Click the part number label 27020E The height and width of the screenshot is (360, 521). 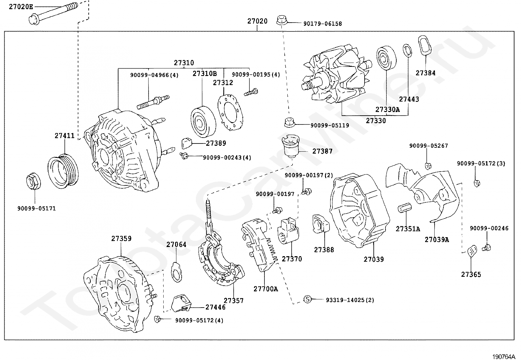pyautogui.click(x=21, y=7)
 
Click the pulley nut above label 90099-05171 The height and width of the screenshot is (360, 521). pyautogui.click(x=33, y=181)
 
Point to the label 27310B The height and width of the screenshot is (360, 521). pyautogui.click(x=205, y=74)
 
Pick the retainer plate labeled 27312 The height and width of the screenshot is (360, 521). pyautogui.click(x=230, y=112)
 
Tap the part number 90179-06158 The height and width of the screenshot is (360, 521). pyautogui.click(x=323, y=24)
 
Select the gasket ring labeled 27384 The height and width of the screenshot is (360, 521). pyautogui.click(x=424, y=45)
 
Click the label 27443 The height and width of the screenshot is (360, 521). pyautogui.click(x=409, y=99)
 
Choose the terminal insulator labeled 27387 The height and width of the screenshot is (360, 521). pyautogui.click(x=291, y=146)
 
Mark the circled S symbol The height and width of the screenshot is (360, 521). pyautogui.click(x=308, y=299)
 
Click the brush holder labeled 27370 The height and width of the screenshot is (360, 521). pyautogui.click(x=288, y=231)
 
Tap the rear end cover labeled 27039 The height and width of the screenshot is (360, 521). pyautogui.click(x=359, y=211)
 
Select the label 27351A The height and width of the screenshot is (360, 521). pyautogui.click(x=408, y=229)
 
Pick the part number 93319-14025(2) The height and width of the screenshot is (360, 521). pyautogui.click(x=350, y=300)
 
